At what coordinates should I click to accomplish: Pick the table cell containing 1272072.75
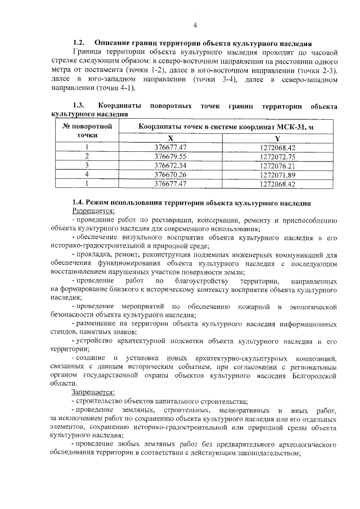click(277, 156)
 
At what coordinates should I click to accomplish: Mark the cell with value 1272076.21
click(277, 165)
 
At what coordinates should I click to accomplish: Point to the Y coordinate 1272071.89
click(277, 174)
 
